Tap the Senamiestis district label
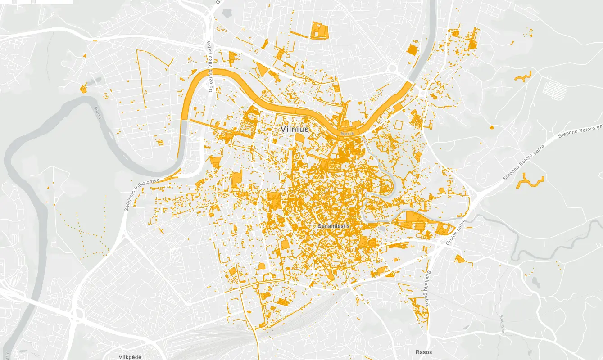pyautogui.click(x=334, y=225)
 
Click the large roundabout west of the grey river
pyautogui.click(x=393, y=68)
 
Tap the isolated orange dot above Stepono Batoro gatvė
pyautogui.click(x=491, y=127)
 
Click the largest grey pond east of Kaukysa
pyautogui.click(x=535, y=282)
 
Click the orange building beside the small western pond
pyautogui.click(x=83, y=88)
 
